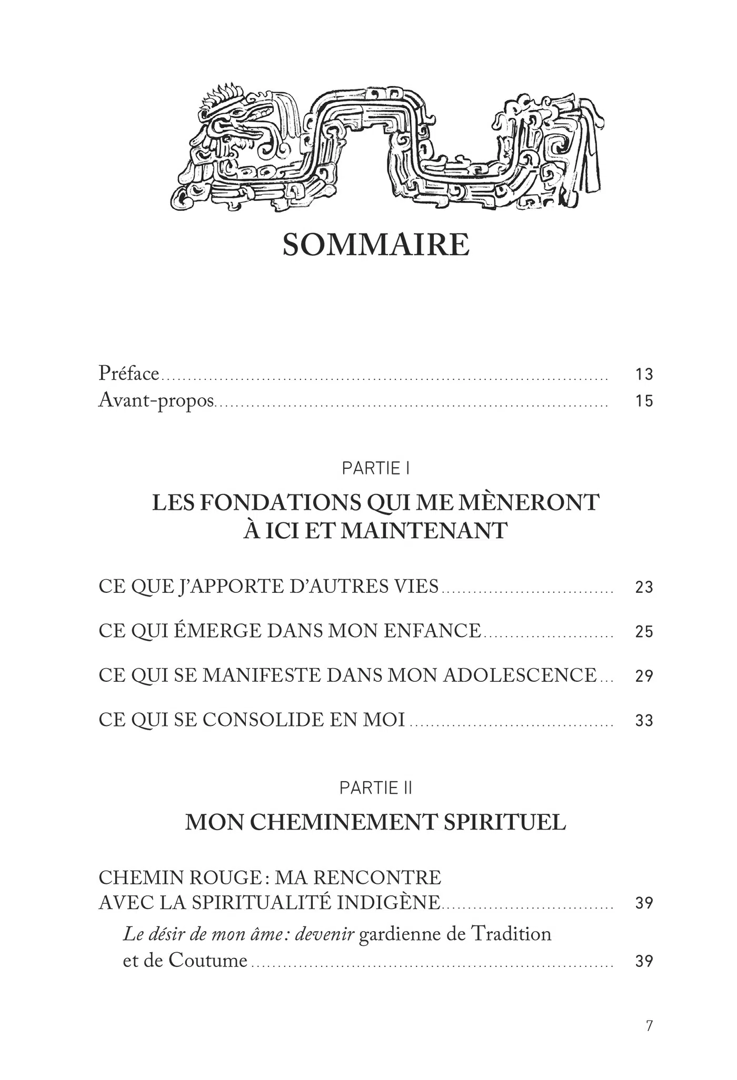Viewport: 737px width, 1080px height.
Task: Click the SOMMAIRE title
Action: pos(376,245)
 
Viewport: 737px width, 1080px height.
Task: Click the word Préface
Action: pos(128,374)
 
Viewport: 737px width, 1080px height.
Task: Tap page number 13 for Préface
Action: pos(644,375)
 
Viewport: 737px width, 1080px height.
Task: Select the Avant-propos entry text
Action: pos(156,401)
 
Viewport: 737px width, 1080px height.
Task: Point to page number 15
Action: pos(644,401)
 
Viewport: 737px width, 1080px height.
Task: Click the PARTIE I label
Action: pos(376,469)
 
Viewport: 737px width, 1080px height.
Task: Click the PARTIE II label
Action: pos(376,788)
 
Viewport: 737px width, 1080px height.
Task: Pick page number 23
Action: pos(644,587)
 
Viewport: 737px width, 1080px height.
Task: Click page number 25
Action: pos(644,631)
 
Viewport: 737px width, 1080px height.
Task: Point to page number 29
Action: pos(644,676)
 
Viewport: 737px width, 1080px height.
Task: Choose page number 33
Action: pos(644,720)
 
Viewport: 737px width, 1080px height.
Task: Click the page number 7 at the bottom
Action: pos(649,1026)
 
